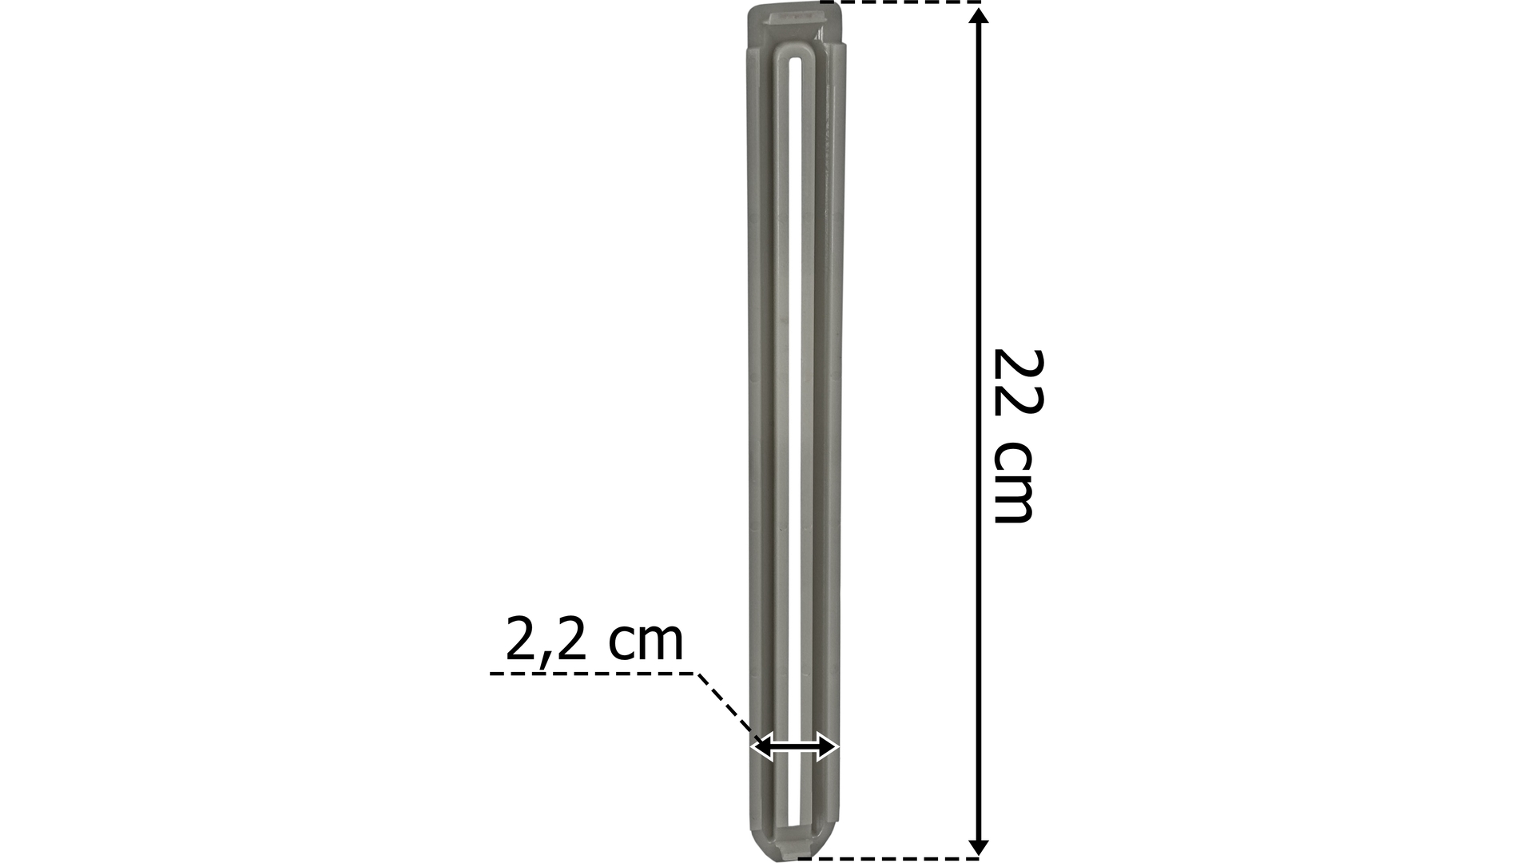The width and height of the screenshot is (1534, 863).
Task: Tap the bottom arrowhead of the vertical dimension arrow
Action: (979, 848)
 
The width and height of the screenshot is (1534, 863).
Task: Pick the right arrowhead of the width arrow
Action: (828, 748)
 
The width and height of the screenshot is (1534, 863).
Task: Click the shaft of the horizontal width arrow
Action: (795, 748)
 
